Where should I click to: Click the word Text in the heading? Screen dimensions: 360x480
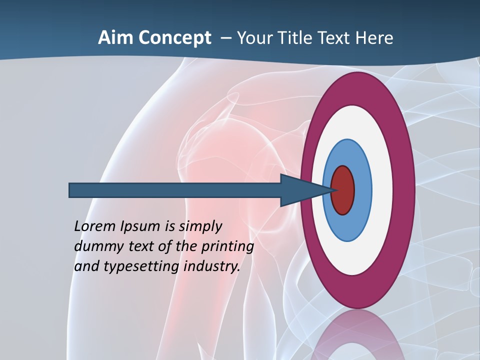click(x=336, y=38)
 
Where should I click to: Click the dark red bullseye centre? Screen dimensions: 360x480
click(x=343, y=190)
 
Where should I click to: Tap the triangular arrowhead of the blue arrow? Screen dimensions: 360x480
click(x=300, y=190)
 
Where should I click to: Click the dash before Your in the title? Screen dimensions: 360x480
click(x=225, y=38)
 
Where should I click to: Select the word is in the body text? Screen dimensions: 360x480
click(x=168, y=226)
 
